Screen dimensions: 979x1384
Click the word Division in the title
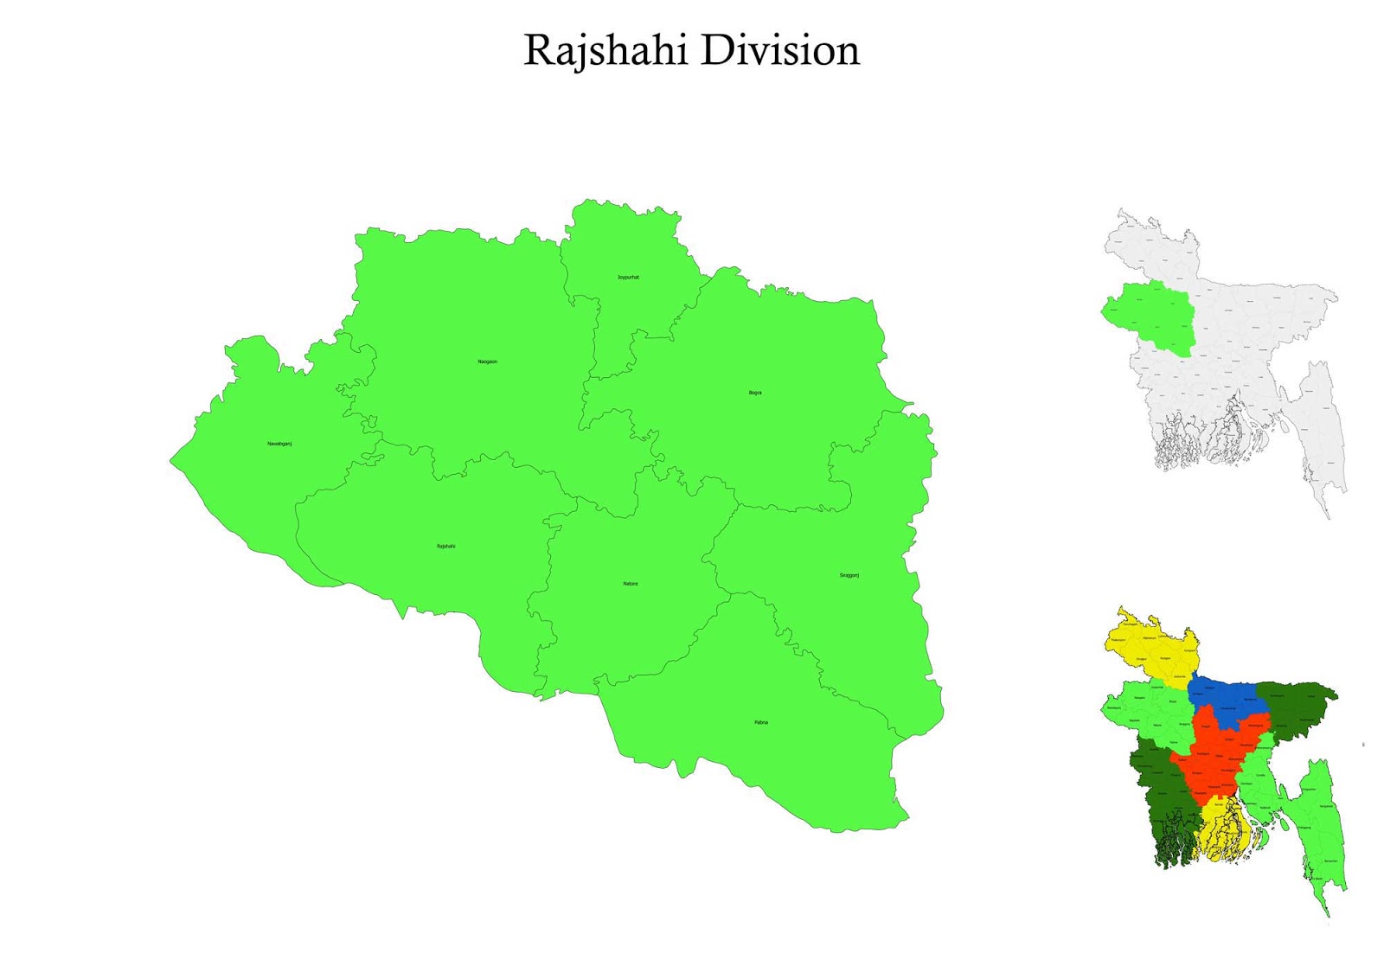click(780, 50)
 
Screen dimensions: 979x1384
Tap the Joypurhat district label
click(628, 278)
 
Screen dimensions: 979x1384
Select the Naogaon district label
click(488, 362)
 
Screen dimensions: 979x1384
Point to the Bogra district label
click(755, 393)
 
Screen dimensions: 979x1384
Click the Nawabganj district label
click(279, 444)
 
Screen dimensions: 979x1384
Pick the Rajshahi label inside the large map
click(445, 547)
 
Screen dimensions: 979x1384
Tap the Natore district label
click(631, 584)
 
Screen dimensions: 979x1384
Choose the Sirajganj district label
click(849, 575)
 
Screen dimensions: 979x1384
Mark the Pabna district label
click(761, 722)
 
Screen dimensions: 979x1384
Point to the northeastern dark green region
click(1293, 705)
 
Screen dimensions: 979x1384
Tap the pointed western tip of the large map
click(172, 461)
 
